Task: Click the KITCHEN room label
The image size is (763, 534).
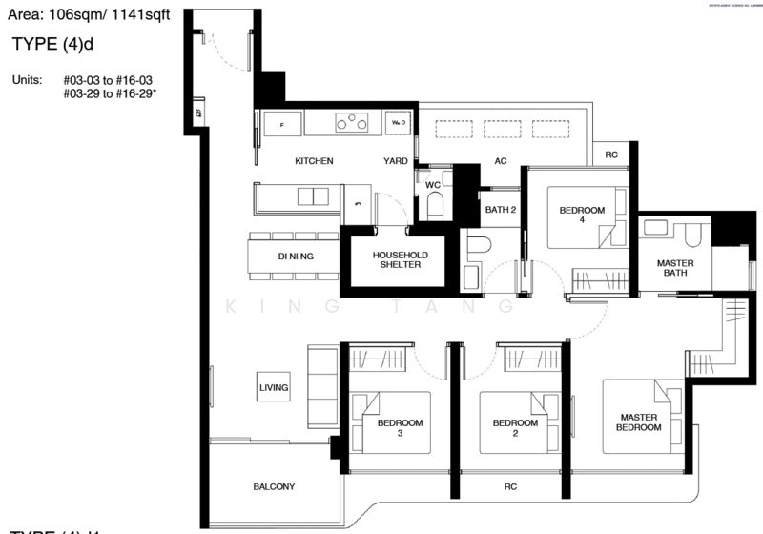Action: (x=313, y=161)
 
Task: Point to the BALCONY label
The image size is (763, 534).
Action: (x=274, y=486)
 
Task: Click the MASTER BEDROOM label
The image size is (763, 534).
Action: (x=640, y=422)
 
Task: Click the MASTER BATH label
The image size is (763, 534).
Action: (x=675, y=269)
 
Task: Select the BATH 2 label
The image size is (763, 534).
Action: (x=500, y=210)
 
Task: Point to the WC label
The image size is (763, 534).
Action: (x=431, y=183)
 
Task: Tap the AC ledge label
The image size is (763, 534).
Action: (x=500, y=161)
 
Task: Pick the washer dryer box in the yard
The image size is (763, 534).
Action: (x=398, y=123)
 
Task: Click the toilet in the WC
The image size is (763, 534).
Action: (x=435, y=205)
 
